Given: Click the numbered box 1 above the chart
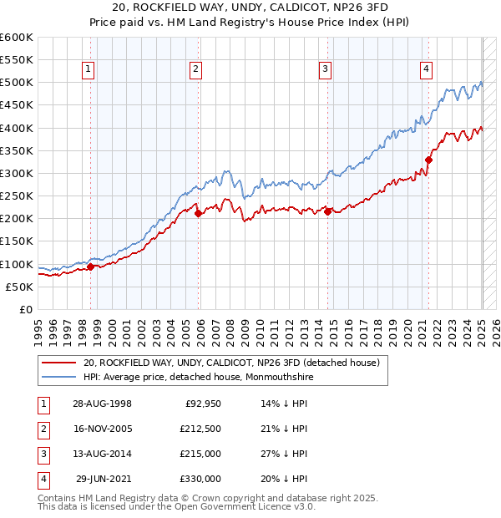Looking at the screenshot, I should tap(88, 69).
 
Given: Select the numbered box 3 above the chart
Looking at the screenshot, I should tap(325, 69).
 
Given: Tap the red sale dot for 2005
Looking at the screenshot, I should tap(199, 214).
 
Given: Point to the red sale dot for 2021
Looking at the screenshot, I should tap(428, 160).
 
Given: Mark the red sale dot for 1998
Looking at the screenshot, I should tap(91, 267).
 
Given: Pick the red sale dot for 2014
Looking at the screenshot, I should tap(328, 211).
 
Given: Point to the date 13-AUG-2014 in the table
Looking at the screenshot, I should tap(102, 453).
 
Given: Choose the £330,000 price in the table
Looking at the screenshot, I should tap(199, 479).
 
